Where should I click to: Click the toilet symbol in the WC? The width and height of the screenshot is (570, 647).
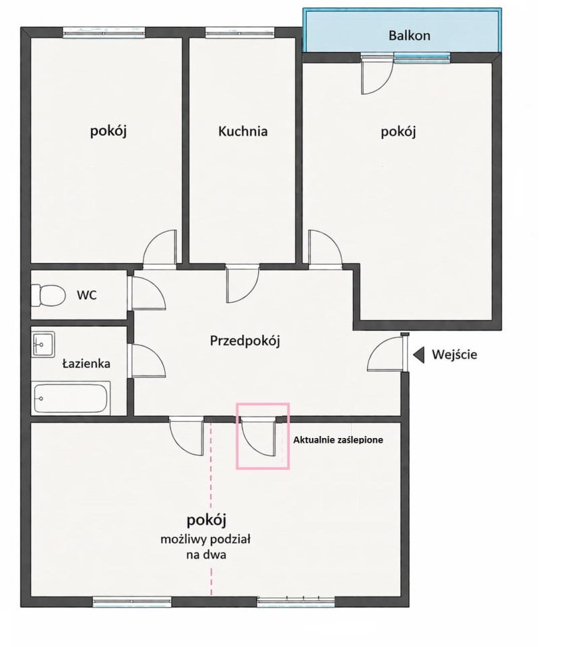pos(49,295)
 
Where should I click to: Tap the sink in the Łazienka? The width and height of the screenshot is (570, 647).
pos(43,344)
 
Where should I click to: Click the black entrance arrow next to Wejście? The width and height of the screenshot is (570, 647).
pos(419,355)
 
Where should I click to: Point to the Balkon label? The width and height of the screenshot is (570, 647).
pos(409,36)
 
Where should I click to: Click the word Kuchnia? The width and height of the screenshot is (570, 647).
pos(243,131)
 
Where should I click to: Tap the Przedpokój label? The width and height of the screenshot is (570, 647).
pos(245,341)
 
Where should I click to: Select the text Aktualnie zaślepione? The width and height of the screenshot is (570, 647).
pos(338,440)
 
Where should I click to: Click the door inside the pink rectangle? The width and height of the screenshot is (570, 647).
pos(258,436)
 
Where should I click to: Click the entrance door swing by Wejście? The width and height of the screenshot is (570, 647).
pos(385,354)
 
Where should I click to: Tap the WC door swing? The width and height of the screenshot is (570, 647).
pos(149,293)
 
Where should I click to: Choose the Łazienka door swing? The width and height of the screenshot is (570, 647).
pos(149,361)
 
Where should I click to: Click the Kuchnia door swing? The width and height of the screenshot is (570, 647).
pos(243,285)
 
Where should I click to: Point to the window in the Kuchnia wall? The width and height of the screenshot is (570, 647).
pos(239,32)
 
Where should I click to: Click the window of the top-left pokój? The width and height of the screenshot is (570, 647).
pos(104,32)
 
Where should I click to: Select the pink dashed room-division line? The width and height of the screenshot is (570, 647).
pos(211,508)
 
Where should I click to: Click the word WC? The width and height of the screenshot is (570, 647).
pos(87,295)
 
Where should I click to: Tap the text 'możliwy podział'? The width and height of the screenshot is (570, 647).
pos(205,539)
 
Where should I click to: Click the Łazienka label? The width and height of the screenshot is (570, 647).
pos(86,363)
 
